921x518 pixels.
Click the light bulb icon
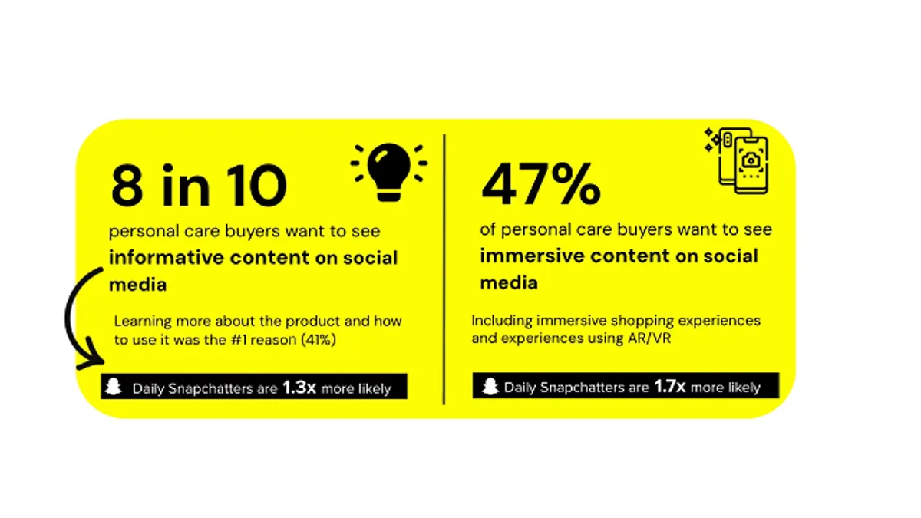point(389,172)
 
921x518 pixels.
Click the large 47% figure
point(540,183)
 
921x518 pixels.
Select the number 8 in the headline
point(127,185)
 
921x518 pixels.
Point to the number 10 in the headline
point(256,185)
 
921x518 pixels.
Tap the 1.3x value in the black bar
point(299,388)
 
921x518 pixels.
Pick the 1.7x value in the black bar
point(669,386)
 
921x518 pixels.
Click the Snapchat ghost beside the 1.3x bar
point(114,387)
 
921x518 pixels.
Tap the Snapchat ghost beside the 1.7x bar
point(490,386)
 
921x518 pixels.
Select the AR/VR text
point(649,338)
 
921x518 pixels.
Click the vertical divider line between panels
point(444,269)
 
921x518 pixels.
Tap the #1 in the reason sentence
point(239,340)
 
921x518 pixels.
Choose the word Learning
point(142,322)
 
